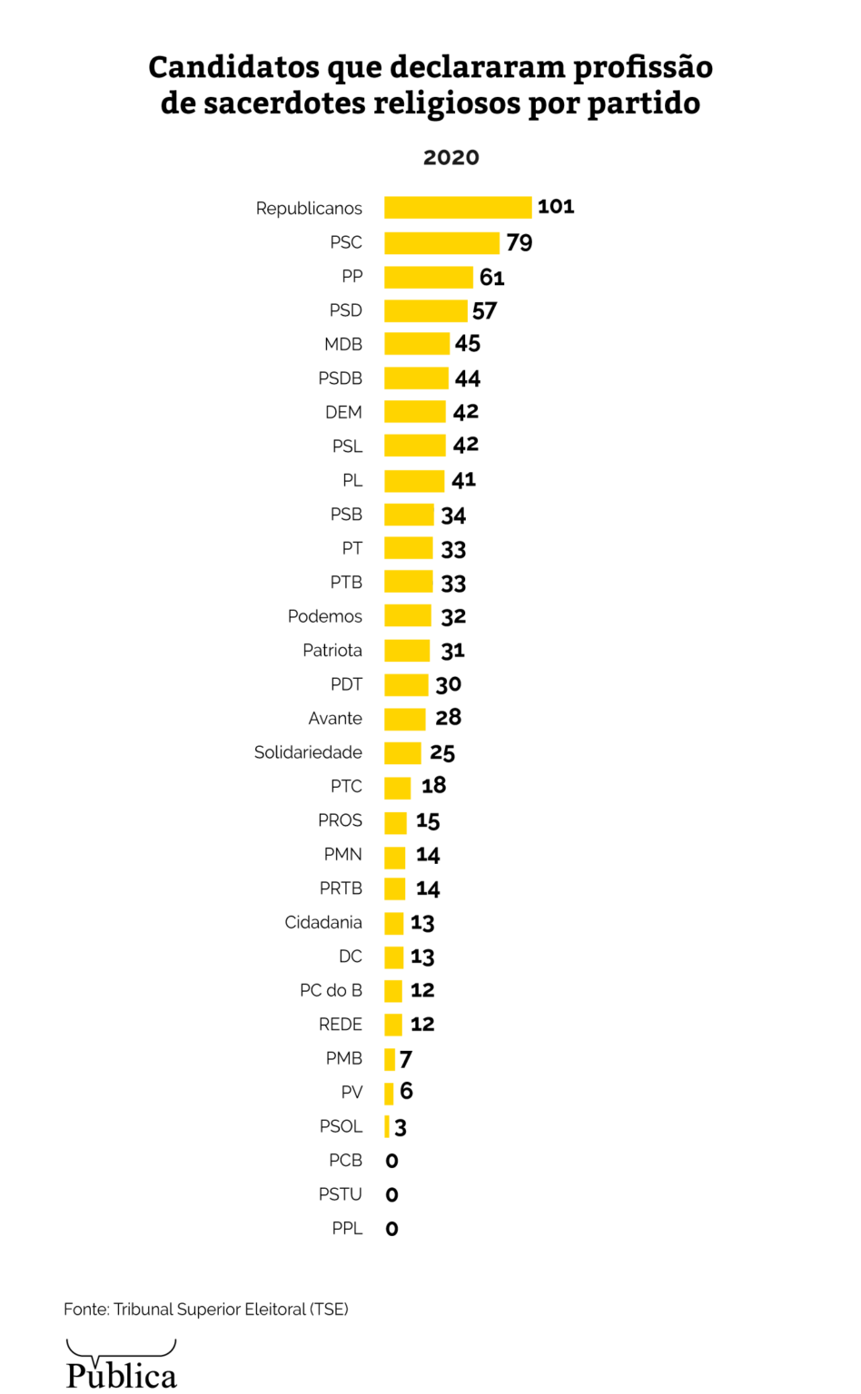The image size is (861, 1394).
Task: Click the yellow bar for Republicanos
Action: [458, 208]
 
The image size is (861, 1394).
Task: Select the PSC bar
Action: [441, 242]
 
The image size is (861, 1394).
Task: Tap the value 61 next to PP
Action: [491, 277]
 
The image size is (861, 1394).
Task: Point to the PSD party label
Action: [345, 310]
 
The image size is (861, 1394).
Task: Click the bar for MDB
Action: [417, 344]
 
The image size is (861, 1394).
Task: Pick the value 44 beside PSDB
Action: [467, 378]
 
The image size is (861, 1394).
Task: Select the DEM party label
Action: [343, 412]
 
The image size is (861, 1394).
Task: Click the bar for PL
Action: [414, 480]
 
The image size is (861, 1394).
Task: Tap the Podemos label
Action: [324, 616]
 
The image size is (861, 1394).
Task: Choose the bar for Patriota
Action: [407, 651]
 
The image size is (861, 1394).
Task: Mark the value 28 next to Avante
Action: [448, 718]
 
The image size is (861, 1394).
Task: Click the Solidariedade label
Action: [308, 752]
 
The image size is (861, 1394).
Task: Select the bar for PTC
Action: [397, 787]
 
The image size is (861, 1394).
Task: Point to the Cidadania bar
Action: [393, 923]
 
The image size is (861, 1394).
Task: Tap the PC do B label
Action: [331, 990]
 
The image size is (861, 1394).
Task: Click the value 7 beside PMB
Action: [405, 1059]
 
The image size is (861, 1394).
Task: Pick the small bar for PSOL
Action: [387, 1126]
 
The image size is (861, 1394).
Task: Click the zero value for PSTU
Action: [391, 1195]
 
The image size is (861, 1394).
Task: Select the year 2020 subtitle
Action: [450, 157]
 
